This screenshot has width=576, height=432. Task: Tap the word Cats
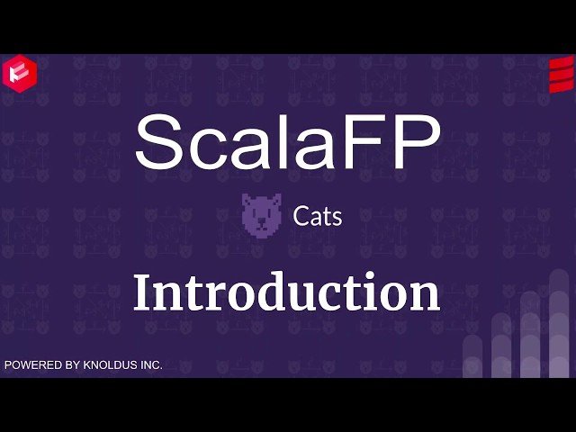pyautogui.click(x=318, y=217)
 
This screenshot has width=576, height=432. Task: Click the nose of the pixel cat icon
pyautogui.click(x=262, y=221)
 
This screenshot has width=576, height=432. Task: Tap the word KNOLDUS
pyautogui.click(x=110, y=365)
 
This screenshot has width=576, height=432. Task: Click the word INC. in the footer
pyautogui.click(x=150, y=365)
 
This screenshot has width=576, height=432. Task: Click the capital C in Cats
pyautogui.click(x=301, y=217)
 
